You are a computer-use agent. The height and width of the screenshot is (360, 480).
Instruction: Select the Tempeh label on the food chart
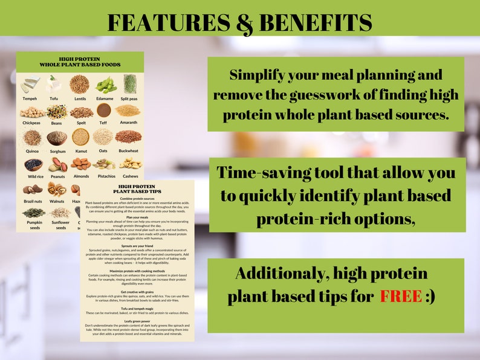pos(30,98)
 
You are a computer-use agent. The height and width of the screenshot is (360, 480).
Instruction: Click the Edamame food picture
pos(105,84)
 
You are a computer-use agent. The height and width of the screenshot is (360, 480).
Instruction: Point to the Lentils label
pos(79,98)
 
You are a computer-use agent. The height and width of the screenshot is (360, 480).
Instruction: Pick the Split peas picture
pos(130,83)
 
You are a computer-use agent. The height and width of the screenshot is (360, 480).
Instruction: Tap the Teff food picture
pos(104,111)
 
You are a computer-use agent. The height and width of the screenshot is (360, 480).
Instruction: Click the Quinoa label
pos(31,152)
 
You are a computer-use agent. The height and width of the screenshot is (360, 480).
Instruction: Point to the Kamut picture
pos(80,137)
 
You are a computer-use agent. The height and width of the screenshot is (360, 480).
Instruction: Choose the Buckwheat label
pos(129,152)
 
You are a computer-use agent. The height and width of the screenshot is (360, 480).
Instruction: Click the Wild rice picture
pos(33,164)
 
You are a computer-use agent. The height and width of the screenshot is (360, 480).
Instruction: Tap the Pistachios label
pos(105,178)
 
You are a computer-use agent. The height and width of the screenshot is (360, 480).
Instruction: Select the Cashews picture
pos(130,164)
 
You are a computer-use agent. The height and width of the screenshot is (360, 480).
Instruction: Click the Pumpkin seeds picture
pos(33,213)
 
